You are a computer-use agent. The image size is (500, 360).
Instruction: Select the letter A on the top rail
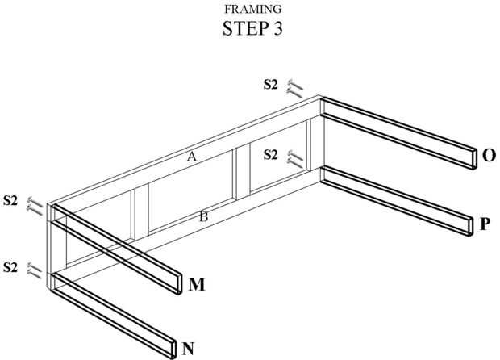pos(192,157)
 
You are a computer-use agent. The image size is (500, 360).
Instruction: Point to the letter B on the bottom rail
pos(204,216)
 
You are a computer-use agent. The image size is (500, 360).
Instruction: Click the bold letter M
pos(196,284)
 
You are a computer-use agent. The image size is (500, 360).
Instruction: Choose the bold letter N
pos(188,349)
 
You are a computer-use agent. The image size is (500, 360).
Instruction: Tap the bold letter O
pos(488,155)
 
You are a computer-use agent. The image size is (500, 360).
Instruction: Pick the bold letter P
pos(484,224)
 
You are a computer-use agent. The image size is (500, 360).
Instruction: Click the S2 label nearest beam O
pos(272,83)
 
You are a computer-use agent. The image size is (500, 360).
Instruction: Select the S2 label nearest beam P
pos(272,153)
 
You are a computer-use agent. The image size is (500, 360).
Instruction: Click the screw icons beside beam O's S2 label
pos(296,88)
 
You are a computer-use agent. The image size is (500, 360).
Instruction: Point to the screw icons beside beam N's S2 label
pos(35,270)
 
